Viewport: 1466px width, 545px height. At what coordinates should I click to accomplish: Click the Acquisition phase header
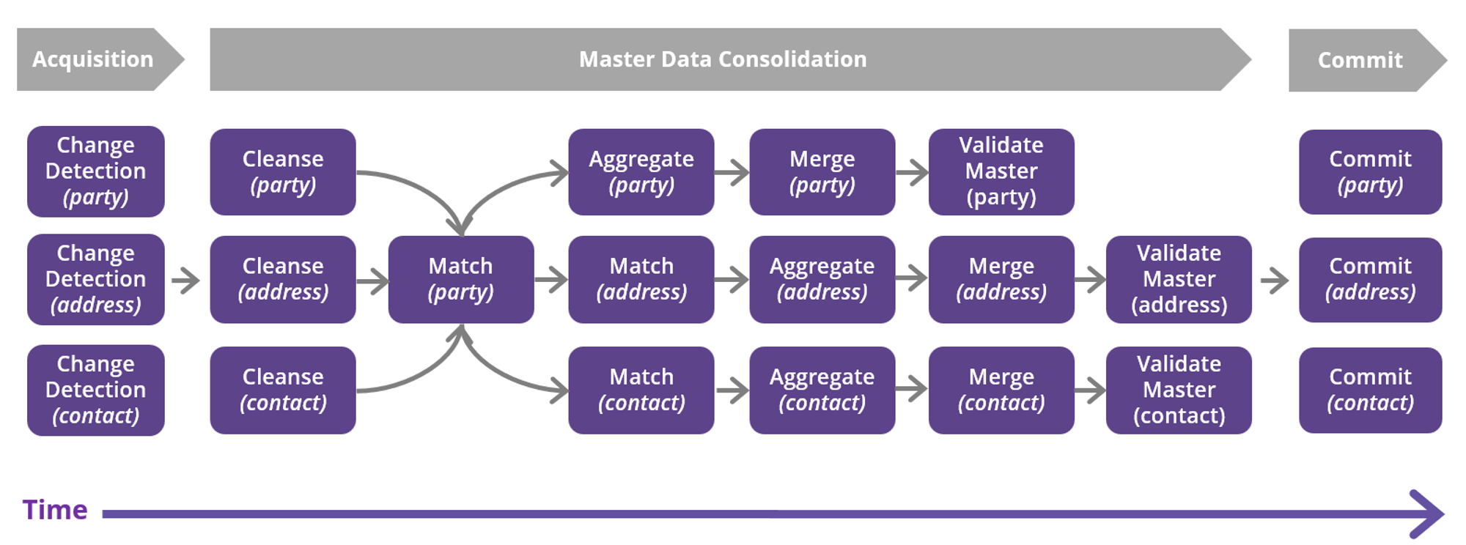(93, 59)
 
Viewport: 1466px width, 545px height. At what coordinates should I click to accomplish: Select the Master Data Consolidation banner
(722, 59)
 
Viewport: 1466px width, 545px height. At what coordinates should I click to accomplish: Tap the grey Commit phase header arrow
(1360, 60)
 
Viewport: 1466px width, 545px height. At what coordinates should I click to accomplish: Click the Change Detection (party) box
(96, 171)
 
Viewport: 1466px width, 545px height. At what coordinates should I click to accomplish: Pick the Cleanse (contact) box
(283, 390)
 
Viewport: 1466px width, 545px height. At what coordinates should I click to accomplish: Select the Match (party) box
(461, 279)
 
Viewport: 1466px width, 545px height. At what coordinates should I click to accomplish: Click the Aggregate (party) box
(641, 172)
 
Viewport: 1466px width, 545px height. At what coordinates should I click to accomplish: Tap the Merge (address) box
(1001, 279)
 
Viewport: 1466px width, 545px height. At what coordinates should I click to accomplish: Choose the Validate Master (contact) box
(1179, 390)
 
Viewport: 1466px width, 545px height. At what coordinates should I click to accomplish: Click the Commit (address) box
(1370, 279)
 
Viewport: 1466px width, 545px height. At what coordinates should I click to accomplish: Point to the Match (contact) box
(641, 390)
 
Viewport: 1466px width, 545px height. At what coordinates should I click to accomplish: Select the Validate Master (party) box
(1001, 172)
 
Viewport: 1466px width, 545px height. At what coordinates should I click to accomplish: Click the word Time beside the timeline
(55, 510)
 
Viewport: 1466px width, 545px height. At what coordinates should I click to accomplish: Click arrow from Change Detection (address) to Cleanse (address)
(186, 280)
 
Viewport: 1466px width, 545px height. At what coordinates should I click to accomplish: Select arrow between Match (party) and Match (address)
(551, 279)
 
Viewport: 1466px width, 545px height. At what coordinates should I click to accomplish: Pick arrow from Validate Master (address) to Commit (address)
(1275, 280)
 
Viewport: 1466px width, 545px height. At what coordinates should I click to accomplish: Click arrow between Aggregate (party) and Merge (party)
(732, 173)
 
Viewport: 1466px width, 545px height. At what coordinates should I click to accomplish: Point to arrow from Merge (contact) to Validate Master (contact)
(1090, 390)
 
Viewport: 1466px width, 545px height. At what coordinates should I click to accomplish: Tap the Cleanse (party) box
(283, 172)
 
